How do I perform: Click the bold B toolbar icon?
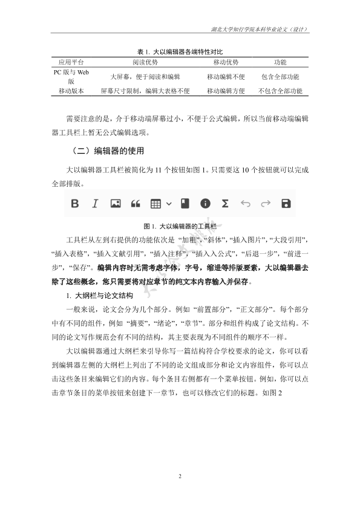(x=75, y=204)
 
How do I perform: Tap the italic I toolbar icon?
(x=95, y=204)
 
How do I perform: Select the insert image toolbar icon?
(x=115, y=204)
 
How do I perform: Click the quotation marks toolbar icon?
(x=136, y=204)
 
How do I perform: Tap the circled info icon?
(x=205, y=204)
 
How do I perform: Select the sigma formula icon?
(x=224, y=204)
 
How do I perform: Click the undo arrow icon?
(x=245, y=204)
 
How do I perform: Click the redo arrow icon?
(x=265, y=204)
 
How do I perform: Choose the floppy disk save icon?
(x=286, y=204)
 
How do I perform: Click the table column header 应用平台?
(x=71, y=62)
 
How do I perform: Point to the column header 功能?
(x=280, y=62)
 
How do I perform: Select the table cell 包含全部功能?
(x=280, y=77)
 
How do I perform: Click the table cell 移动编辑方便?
(x=226, y=91)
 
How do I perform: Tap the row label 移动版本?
(x=71, y=91)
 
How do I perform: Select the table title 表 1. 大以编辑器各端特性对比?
(x=180, y=51)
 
